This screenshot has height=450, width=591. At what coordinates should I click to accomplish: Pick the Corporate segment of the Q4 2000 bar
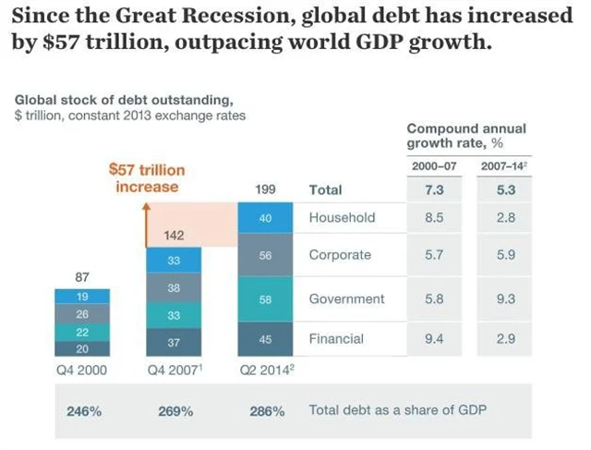tap(81, 314)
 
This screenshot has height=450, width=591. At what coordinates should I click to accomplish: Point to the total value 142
tap(174, 236)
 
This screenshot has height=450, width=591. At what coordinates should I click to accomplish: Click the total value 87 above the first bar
tap(81, 276)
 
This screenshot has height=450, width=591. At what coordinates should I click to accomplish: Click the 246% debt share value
tap(83, 410)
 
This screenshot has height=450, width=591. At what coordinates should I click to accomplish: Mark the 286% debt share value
tap(267, 410)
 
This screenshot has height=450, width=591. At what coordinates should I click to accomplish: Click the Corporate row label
tap(340, 255)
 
